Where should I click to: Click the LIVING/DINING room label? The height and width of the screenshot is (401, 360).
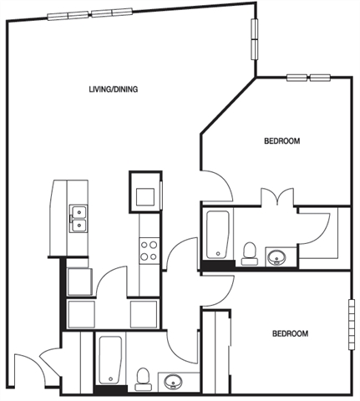click(114, 89)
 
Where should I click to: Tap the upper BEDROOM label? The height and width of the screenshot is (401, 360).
click(282, 141)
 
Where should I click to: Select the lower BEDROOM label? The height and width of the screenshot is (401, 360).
click(290, 333)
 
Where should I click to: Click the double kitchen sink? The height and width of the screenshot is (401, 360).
click(79, 219)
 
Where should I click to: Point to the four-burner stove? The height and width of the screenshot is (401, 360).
click(149, 251)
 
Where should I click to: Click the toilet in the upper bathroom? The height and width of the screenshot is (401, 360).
click(249, 254)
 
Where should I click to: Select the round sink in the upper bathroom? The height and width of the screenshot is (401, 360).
click(276, 257)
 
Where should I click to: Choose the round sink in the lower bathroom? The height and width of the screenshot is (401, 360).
click(173, 382)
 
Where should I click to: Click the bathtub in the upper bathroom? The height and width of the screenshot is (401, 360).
click(218, 235)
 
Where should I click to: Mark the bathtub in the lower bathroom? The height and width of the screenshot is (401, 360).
click(110, 360)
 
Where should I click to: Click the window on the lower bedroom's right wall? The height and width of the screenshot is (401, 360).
click(352, 324)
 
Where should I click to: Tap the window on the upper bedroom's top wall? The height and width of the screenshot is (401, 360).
click(308, 78)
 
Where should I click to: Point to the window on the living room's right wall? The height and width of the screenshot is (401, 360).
click(255, 39)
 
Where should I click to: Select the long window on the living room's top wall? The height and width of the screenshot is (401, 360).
click(89, 14)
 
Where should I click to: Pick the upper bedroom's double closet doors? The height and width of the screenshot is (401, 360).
click(277, 197)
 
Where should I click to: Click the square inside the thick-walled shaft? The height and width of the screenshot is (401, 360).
click(145, 196)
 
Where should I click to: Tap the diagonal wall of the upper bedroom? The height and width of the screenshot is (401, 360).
click(228, 106)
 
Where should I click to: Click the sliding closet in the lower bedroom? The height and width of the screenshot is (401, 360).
click(216, 352)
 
